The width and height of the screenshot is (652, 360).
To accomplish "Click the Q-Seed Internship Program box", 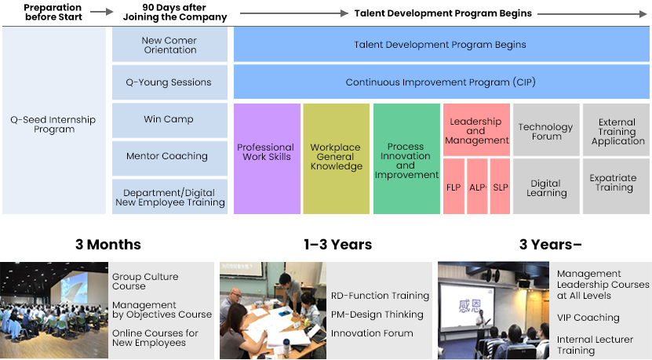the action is (x=54, y=121).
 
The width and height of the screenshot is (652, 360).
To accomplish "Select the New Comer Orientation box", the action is (x=169, y=45).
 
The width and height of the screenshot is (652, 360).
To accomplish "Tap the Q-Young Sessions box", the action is (x=169, y=82).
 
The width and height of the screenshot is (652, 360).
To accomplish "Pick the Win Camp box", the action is (x=169, y=120).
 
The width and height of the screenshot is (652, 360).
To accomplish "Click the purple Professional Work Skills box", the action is (x=267, y=158).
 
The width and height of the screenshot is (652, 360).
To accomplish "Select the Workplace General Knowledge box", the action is (x=337, y=158).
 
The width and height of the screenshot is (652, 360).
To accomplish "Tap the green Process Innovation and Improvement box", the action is (x=406, y=158).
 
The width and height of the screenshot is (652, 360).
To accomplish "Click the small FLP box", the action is (x=453, y=186).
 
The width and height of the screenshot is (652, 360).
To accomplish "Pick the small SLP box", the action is (x=501, y=186).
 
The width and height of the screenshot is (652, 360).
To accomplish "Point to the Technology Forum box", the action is (x=546, y=129).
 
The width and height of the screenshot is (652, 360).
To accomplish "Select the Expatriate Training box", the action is (x=616, y=186).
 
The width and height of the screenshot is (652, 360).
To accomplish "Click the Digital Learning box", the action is (x=546, y=186).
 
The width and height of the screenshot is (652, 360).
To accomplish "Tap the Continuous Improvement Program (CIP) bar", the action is (x=442, y=82).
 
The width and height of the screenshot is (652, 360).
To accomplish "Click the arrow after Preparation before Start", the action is (x=102, y=12).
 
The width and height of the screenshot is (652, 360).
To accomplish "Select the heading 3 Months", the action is (x=108, y=245).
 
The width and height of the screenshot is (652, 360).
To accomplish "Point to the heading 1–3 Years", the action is (x=337, y=245).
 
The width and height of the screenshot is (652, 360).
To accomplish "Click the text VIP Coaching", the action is (x=588, y=318).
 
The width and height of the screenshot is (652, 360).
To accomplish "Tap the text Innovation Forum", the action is (x=372, y=333).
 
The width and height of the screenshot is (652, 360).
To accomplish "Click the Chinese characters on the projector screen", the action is (x=470, y=306).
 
